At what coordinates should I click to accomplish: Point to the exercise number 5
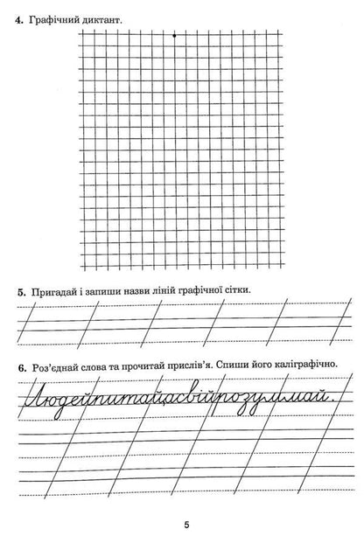pos(19,289)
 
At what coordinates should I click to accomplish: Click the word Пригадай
pos(53,289)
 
